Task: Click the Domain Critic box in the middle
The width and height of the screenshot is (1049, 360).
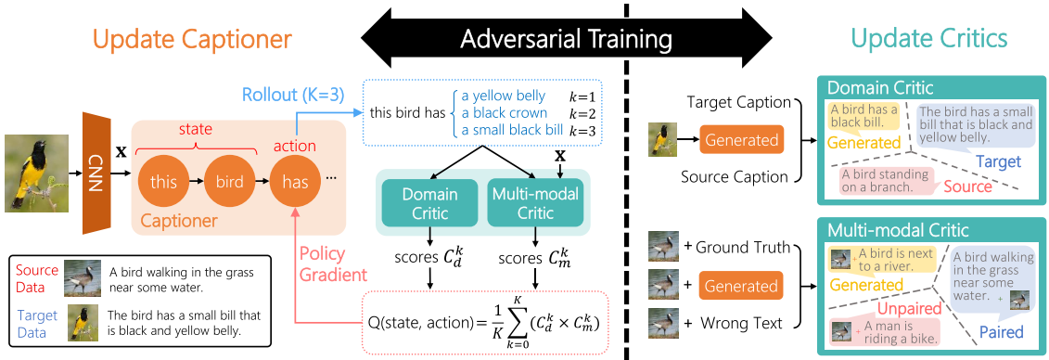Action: pos(429,203)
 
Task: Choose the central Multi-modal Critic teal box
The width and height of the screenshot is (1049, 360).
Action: pos(534,203)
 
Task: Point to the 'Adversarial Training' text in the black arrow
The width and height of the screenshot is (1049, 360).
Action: pos(566,40)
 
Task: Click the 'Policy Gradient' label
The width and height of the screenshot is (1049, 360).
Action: pos(332,264)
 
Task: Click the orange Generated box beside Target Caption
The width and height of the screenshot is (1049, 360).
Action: pos(742,140)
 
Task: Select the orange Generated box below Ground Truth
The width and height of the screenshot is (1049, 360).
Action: pos(742,287)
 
